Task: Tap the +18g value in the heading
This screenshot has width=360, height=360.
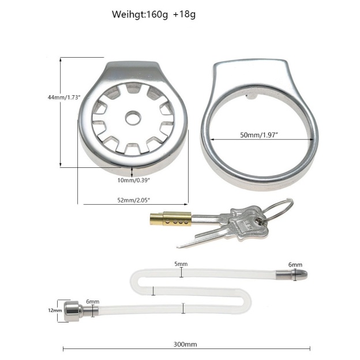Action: (184, 14)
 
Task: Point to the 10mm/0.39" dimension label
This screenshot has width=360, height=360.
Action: (133, 180)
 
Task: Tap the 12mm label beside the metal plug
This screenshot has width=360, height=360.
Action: (55, 310)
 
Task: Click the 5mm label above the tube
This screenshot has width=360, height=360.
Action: (181, 264)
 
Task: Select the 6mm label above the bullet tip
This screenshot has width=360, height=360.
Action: (295, 265)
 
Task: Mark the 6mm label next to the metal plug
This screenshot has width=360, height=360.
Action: (92, 302)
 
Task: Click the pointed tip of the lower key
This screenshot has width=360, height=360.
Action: (178, 246)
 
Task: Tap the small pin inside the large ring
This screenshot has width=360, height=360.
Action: (251, 100)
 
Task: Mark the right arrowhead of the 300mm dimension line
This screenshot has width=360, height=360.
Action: (309, 348)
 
